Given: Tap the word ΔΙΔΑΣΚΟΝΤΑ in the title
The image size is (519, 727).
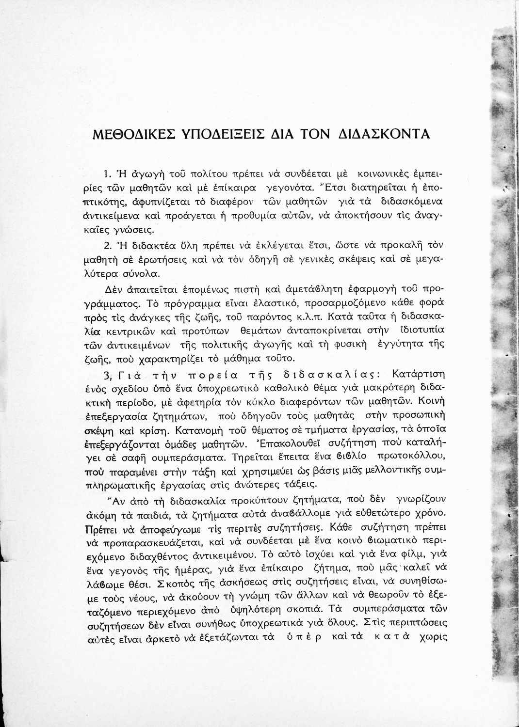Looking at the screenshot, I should coord(383,134).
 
